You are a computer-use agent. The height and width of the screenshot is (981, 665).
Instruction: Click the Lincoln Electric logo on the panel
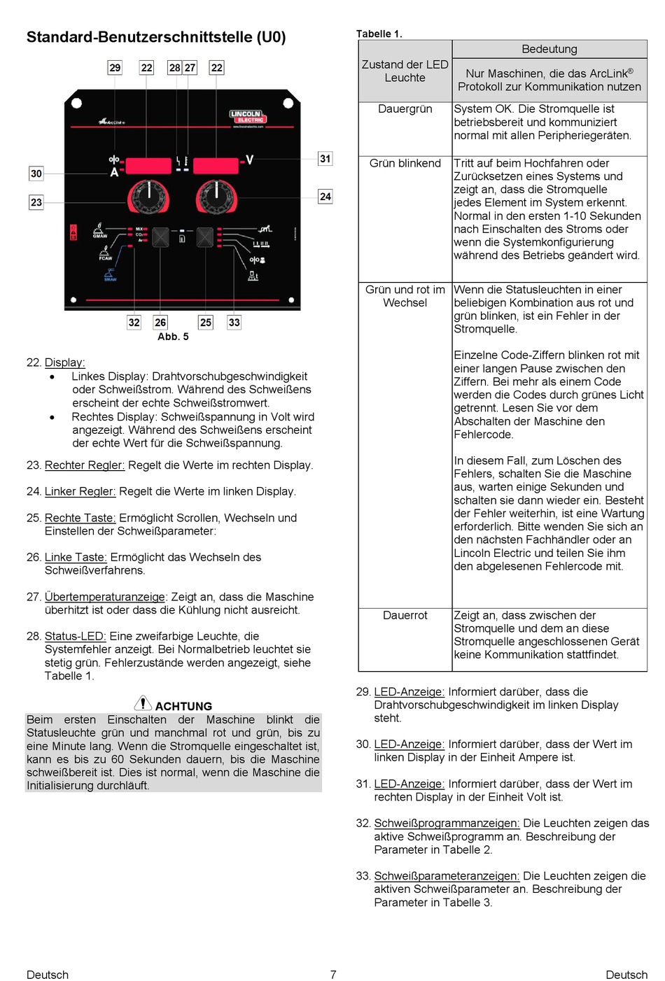pyautogui.click(x=248, y=117)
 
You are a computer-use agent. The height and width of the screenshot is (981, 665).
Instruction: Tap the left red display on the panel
pyautogui.click(x=148, y=166)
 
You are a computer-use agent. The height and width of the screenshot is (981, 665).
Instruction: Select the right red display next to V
pyautogui.click(x=216, y=166)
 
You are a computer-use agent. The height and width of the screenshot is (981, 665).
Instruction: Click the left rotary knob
pyautogui.click(x=148, y=197)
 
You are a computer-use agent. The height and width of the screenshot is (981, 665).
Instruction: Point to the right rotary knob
pyautogui.click(x=216, y=197)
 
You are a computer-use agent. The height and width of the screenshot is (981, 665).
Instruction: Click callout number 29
pyautogui.click(x=115, y=68)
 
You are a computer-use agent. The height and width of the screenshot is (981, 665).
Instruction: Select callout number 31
pyautogui.click(x=325, y=159)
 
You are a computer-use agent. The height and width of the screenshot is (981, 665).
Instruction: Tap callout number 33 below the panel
pyautogui.click(x=234, y=322)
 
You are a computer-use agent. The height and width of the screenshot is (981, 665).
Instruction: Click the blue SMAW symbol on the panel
pyautogui.click(x=111, y=274)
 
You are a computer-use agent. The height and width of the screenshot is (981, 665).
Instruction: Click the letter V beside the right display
pyautogui.click(x=249, y=160)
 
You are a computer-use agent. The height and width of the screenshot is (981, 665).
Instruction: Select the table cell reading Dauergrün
pyautogui.click(x=405, y=109)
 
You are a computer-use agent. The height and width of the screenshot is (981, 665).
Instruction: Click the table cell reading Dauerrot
pyautogui.click(x=405, y=615)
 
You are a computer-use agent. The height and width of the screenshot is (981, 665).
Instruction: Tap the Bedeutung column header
pyautogui.click(x=549, y=49)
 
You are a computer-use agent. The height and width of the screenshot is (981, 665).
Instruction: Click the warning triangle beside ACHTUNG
pyautogui.click(x=143, y=703)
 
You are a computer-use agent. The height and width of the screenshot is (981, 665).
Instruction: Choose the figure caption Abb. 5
pyautogui.click(x=173, y=337)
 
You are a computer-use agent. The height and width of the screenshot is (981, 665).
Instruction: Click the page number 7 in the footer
pyautogui.click(x=333, y=975)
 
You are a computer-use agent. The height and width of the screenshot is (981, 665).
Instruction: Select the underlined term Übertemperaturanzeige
pyautogui.click(x=105, y=597)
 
